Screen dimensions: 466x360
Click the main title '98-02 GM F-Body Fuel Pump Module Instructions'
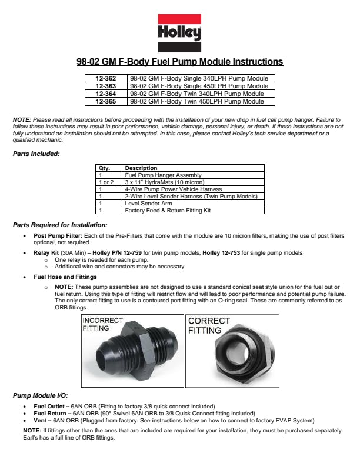(180, 61)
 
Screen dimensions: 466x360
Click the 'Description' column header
(141, 168)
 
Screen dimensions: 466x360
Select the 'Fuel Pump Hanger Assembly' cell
(164, 175)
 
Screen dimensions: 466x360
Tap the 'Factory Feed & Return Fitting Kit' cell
(168, 211)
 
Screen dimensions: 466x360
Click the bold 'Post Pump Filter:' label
(58, 235)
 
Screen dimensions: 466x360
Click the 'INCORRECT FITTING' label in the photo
(102, 324)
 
